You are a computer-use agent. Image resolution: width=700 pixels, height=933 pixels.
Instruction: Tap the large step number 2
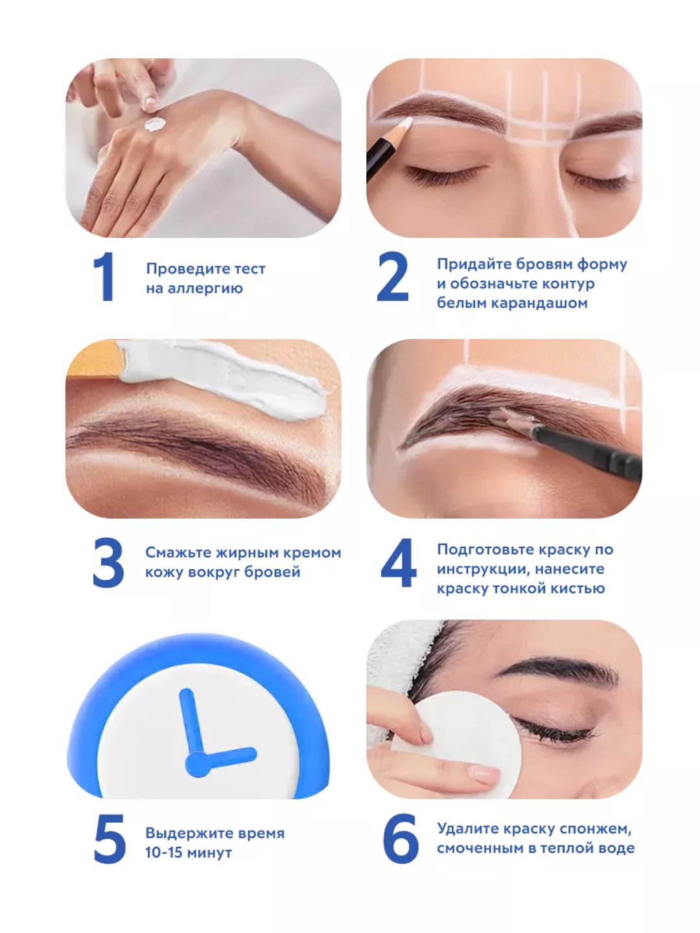tap(392, 276)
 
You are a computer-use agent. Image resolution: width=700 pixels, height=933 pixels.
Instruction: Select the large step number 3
tap(108, 562)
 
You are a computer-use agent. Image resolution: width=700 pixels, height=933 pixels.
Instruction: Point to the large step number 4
tap(398, 562)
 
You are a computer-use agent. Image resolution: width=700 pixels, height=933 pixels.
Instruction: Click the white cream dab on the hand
tap(155, 124)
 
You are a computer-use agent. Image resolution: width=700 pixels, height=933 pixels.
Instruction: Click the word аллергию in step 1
tap(205, 288)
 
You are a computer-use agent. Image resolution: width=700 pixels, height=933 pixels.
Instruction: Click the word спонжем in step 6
tap(595, 829)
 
